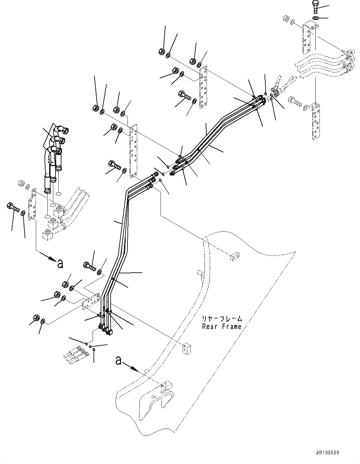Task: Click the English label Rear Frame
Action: pyautogui.click(x=222, y=327)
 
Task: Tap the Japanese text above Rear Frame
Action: pyautogui.click(x=222, y=319)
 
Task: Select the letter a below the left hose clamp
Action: pyautogui.click(x=60, y=264)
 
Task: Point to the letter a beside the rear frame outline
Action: pyautogui.click(x=118, y=361)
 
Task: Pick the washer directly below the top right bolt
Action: pyautogui.click(x=315, y=18)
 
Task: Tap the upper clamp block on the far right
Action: pyautogui.click(x=309, y=36)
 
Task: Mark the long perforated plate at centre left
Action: pyautogui.click(x=133, y=151)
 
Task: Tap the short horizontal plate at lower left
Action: pyautogui.click(x=91, y=301)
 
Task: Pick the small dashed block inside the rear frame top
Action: pyautogui.click(x=234, y=256)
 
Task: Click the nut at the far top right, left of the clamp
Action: pyautogui.click(x=285, y=19)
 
